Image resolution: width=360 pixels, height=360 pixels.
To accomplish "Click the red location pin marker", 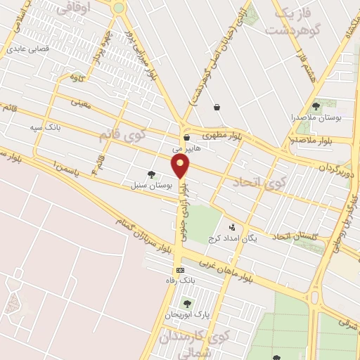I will click(181, 167).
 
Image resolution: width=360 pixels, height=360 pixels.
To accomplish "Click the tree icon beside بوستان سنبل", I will click(151, 174).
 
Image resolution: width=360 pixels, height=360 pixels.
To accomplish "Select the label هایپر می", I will click(187, 148).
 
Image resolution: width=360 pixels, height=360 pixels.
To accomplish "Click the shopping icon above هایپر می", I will click(186, 137).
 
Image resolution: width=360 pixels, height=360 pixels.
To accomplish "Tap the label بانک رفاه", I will click(187, 280).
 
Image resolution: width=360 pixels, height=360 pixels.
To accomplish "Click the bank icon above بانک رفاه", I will click(180, 270).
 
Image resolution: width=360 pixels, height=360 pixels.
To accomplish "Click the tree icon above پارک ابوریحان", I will click(187, 304).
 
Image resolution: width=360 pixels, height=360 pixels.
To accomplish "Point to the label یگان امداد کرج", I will click(233, 238).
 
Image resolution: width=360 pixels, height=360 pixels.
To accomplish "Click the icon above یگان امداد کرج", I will click(232, 226).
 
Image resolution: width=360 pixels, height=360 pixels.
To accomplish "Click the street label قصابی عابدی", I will click(26, 50).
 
